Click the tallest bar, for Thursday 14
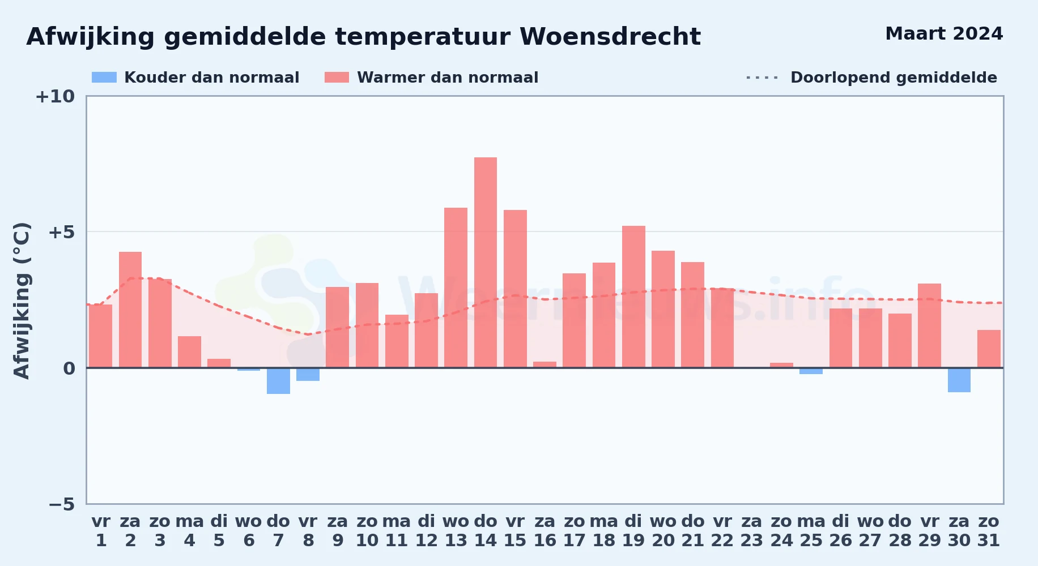(486, 263)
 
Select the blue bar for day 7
(278, 381)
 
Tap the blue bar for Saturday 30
(959, 380)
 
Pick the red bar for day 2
(130, 310)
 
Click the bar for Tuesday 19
(633, 297)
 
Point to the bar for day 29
(929, 325)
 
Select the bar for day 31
(989, 349)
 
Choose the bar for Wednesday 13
(456, 288)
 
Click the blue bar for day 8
(308, 374)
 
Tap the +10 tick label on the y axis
(55, 96)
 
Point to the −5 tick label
(62, 504)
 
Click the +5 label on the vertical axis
(62, 232)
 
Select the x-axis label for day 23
(752, 531)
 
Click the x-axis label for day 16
(545, 531)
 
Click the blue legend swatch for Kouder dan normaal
(104, 78)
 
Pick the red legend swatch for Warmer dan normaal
(337, 78)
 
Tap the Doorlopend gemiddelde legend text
(894, 78)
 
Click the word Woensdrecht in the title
(610, 37)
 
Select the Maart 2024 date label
(944, 34)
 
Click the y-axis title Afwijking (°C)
(22, 301)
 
